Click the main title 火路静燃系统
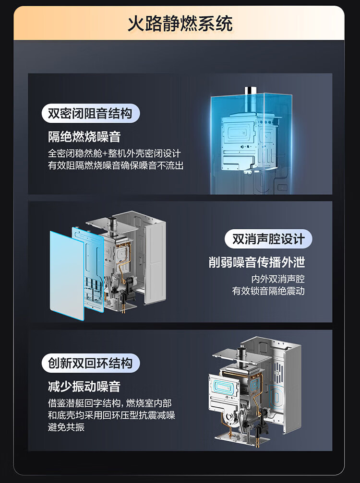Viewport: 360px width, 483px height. click(180, 23)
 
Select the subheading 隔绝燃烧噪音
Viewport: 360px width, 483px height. click(84, 137)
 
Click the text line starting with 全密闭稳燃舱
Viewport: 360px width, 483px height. click(114, 154)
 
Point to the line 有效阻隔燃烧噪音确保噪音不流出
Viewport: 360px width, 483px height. click(116, 166)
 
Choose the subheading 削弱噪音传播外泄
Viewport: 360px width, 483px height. click(257, 262)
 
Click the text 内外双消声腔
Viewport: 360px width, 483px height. click(278, 279)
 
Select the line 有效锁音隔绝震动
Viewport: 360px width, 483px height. click(268, 291)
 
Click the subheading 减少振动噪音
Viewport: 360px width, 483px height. click(84, 386)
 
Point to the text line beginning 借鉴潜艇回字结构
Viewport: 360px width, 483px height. click(109, 403)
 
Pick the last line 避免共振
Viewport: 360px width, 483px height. click(66, 427)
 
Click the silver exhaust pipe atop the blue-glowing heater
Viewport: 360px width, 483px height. click(249, 92)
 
